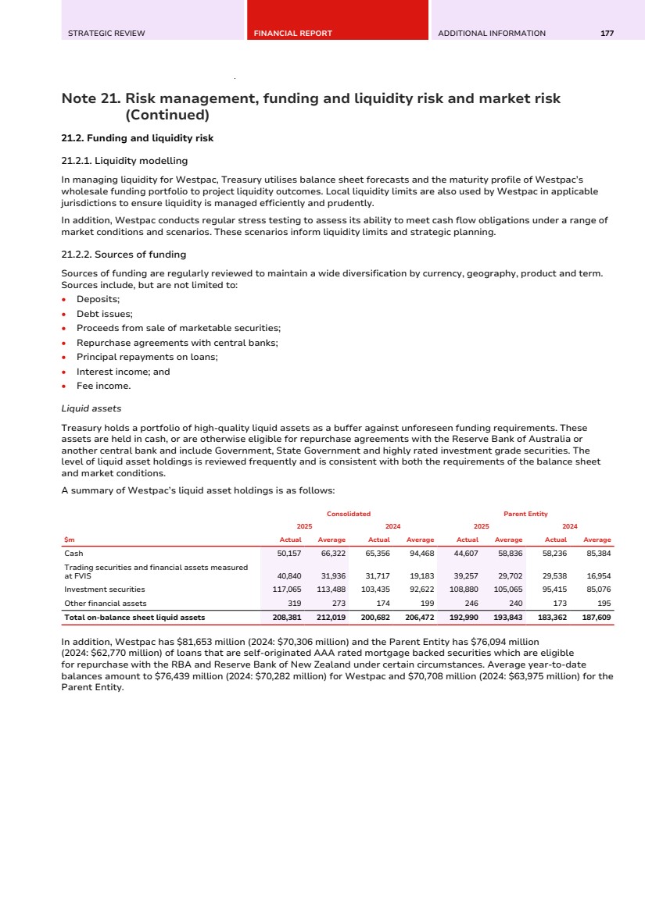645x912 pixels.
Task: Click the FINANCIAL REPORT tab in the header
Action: (293, 34)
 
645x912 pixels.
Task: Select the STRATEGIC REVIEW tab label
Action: (106, 34)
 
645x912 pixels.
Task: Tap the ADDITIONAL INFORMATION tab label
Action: (492, 34)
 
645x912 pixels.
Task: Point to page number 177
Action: (607, 34)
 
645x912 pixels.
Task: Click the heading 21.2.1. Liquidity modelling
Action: (124, 161)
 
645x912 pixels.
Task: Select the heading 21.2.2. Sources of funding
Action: (124, 255)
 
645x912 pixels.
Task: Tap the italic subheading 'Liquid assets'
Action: (91, 408)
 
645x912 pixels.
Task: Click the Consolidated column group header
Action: (348, 514)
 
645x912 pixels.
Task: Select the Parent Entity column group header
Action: (525, 514)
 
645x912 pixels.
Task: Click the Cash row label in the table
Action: (73, 553)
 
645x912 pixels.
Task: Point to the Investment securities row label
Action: (105, 590)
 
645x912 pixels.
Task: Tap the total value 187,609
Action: (597, 617)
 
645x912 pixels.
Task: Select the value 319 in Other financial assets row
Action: (294, 603)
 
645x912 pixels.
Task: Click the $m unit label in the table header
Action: (70, 540)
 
